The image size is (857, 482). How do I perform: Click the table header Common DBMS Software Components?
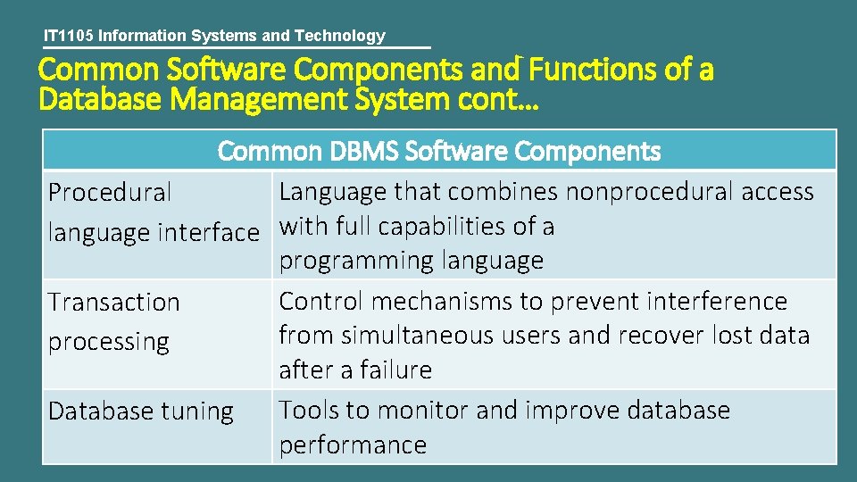point(439,151)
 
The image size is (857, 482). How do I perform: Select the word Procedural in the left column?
point(110,192)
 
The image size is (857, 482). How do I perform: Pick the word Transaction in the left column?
point(114,302)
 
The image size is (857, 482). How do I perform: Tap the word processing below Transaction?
point(109,342)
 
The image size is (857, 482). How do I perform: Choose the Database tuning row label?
point(141,411)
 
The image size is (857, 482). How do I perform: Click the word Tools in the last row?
point(309,410)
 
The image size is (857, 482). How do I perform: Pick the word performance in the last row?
point(353,445)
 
